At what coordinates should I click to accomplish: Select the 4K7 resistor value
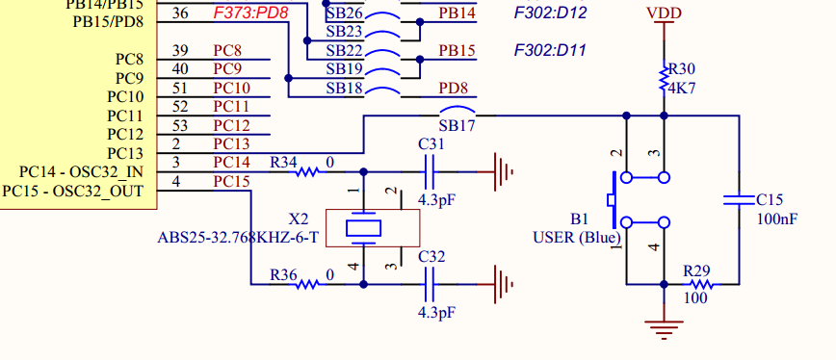coord(682,87)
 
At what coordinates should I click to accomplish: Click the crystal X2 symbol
coord(363,227)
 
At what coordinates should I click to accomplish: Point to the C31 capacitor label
coord(431,143)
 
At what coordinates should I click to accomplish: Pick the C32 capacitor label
coord(431,257)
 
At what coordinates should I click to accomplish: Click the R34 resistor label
coord(283,162)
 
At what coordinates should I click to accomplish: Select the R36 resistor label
coord(283,274)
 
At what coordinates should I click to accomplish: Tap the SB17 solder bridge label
coord(457,125)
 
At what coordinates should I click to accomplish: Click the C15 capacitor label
coord(770,199)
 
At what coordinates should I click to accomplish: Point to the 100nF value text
coord(776,219)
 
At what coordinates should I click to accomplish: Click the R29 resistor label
coord(696,271)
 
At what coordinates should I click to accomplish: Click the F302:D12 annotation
coord(551,13)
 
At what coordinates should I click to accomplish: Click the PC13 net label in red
coord(231,144)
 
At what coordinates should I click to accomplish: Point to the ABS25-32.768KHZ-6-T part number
coord(237,237)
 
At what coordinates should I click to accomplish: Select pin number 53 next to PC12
coord(180,125)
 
